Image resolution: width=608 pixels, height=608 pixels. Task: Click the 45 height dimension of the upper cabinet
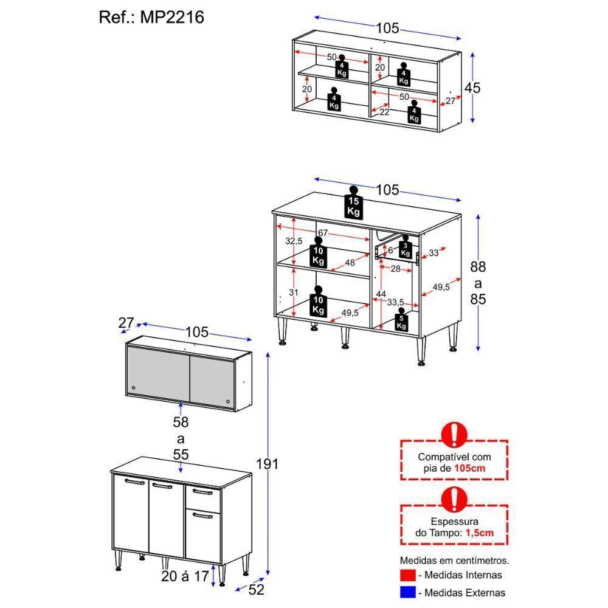pos(472,88)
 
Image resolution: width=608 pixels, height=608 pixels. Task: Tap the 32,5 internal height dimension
pos(294,241)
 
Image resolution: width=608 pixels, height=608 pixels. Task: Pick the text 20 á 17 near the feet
pos(185,575)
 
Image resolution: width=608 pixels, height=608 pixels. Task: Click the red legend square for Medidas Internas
pos(408,575)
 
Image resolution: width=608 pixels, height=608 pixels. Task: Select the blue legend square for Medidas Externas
pos(408,592)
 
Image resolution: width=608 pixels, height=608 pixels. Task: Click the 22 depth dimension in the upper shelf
pos(384,112)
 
